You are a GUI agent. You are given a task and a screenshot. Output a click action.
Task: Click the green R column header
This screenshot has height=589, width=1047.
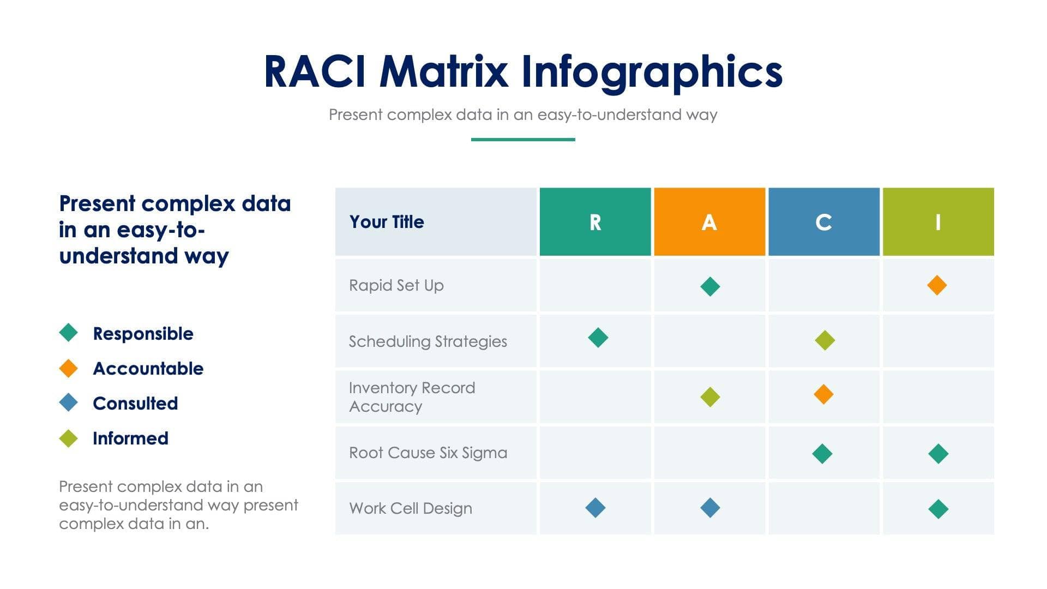[595, 222]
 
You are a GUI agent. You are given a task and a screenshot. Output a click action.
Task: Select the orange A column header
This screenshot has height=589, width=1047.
[709, 222]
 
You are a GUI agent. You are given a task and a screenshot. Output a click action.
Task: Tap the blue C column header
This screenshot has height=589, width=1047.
[823, 222]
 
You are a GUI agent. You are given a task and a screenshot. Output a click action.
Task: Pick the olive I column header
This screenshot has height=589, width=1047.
[938, 222]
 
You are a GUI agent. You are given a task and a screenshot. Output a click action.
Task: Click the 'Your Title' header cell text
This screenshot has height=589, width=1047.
[387, 222]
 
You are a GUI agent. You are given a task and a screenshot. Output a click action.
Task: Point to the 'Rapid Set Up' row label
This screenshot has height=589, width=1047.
[396, 285]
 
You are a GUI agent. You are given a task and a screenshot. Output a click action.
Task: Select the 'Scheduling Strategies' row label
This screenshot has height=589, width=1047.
[428, 341]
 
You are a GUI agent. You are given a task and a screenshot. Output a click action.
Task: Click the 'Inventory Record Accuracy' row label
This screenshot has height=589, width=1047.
[412, 397]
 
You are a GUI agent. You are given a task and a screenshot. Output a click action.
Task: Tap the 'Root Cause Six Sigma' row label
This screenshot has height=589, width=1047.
[428, 453]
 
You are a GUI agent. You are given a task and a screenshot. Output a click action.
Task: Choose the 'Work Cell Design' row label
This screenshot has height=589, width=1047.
[411, 508]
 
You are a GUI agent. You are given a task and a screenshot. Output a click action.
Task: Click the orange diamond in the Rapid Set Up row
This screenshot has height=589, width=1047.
[937, 285]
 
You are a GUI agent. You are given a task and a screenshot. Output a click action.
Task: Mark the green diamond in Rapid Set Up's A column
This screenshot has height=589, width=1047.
[710, 286]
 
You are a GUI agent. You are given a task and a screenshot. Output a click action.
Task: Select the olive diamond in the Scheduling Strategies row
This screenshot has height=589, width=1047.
[825, 340]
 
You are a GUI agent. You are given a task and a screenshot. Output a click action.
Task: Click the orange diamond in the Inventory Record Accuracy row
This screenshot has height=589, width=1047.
[823, 394]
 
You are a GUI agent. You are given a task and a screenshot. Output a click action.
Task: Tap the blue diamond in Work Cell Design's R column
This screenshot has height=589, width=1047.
[595, 508]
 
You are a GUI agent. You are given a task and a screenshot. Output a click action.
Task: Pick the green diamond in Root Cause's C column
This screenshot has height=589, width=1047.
[822, 454]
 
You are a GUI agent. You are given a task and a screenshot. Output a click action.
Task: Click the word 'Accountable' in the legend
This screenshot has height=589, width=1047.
[148, 369]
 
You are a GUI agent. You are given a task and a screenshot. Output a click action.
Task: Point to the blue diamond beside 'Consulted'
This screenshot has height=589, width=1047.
[69, 403]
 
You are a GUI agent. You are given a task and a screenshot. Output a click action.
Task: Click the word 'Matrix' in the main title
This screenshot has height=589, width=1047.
[443, 72]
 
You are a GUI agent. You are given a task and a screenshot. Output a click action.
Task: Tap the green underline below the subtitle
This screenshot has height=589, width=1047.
[523, 140]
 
